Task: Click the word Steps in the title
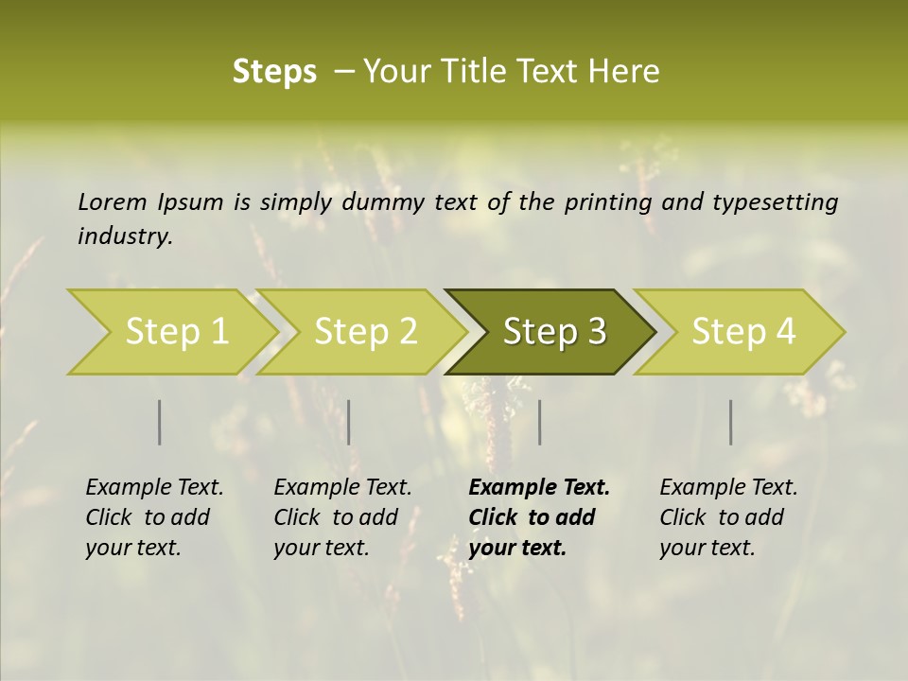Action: tap(274, 72)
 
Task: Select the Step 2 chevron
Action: tap(365, 332)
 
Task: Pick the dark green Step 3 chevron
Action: tap(554, 332)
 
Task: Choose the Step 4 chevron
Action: tap(743, 332)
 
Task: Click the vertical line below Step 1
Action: tap(160, 422)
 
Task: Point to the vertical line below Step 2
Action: tap(349, 422)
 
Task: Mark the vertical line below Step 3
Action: tap(539, 422)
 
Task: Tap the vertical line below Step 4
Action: tap(731, 422)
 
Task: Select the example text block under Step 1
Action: tap(154, 517)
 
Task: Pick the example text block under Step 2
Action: tap(342, 517)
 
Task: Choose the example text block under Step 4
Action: tap(728, 517)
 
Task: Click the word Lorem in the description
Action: tap(113, 202)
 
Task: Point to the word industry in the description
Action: tap(125, 236)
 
